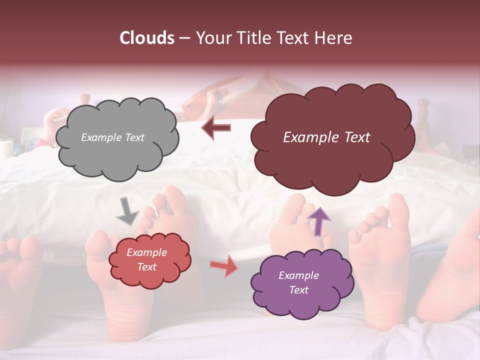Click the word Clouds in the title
click(x=147, y=38)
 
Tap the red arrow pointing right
click(x=223, y=265)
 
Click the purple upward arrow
click(x=318, y=220)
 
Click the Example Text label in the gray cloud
click(x=113, y=137)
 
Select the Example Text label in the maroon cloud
click(x=326, y=137)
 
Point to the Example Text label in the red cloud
click(x=147, y=259)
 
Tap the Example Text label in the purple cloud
click(x=298, y=283)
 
